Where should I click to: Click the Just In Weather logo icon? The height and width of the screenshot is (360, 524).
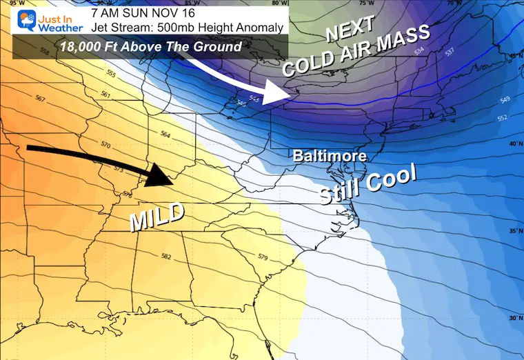(22, 19)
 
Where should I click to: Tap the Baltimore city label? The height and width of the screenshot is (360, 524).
(329, 157)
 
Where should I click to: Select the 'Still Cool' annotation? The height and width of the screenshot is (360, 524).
(369, 184)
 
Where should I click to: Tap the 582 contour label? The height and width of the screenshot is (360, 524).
(165, 257)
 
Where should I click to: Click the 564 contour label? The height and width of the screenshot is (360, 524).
(165, 134)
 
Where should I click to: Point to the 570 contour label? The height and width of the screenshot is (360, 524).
(105, 145)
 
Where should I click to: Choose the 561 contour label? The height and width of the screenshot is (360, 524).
(105, 94)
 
